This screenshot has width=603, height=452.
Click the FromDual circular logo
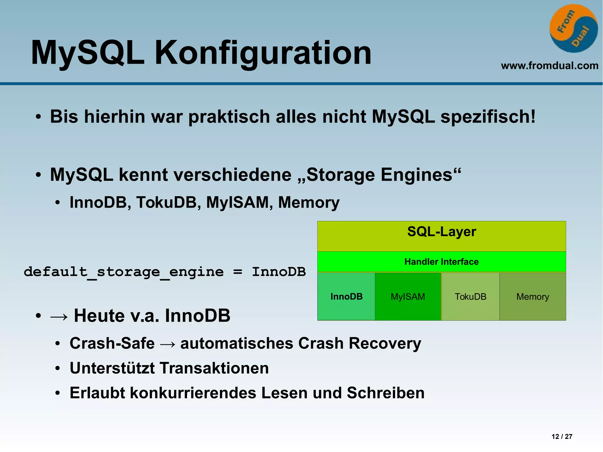573,29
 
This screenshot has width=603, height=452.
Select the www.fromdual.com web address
549,65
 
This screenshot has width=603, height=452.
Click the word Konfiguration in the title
263,53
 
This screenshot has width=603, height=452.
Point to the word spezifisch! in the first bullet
488,117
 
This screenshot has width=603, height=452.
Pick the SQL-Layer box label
441,232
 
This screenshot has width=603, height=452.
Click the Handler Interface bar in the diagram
441,261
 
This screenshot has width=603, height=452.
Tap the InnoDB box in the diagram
346,297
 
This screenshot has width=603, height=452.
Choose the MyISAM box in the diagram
408,297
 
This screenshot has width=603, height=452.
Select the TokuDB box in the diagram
471,297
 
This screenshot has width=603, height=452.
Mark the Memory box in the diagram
533,297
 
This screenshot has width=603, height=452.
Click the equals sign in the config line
238,272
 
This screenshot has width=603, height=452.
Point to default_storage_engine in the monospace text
124,272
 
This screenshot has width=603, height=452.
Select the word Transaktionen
214,368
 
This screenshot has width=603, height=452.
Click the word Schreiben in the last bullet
385,393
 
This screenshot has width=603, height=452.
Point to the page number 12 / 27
562,436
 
